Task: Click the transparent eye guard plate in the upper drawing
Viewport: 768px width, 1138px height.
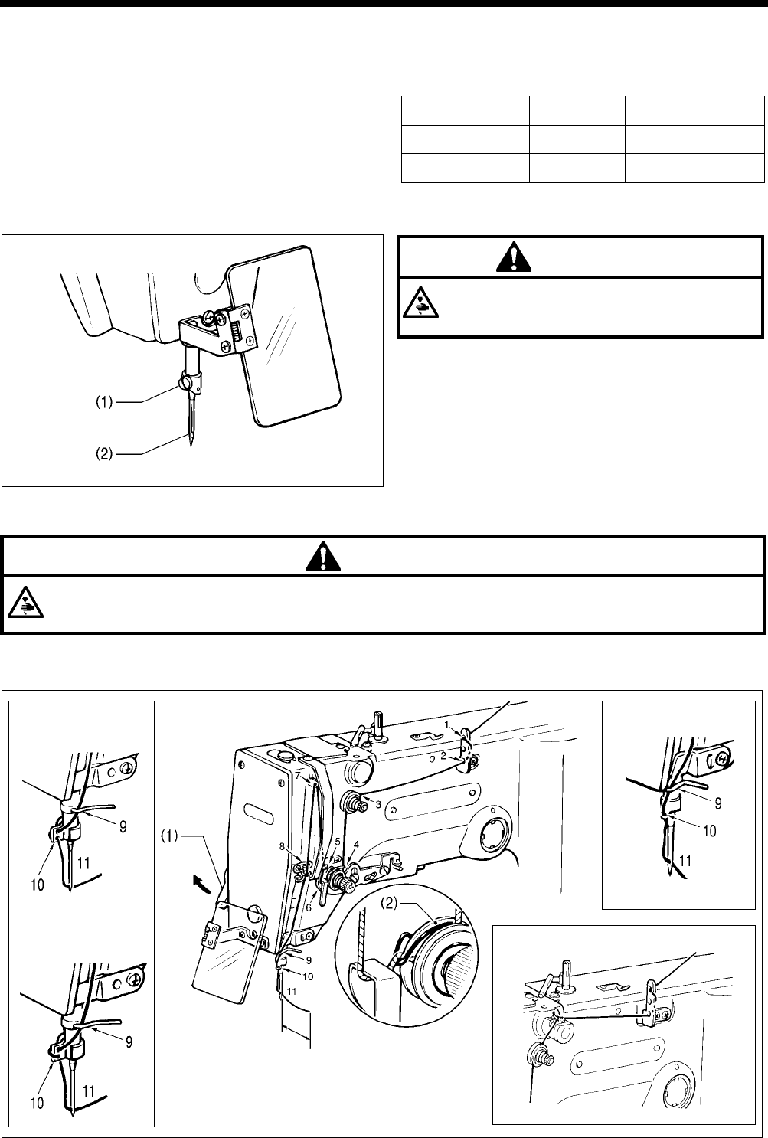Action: pos(287,337)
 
